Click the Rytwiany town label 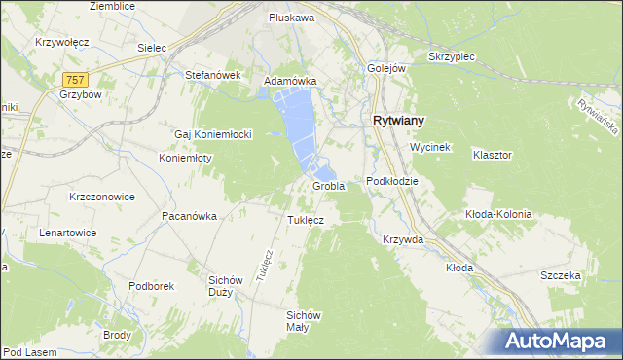coord(398,121)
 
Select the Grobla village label coord(328,186)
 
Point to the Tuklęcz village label coord(305,220)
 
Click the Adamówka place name coord(291,81)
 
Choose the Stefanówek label coord(212,74)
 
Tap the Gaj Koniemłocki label coord(213,133)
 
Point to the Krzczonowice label coord(101,196)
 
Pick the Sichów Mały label coord(304,320)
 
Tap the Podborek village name coord(151,286)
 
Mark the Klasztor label coord(493,155)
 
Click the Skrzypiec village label coord(452,56)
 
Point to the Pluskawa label coord(291,18)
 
